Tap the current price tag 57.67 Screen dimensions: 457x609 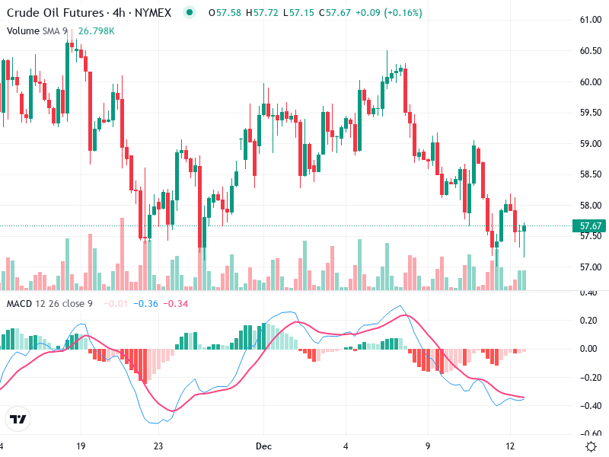(x=591, y=226)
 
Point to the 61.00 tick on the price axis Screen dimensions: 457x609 (x=591, y=20)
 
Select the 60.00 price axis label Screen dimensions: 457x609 (x=591, y=82)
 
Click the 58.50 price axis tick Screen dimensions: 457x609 (x=591, y=174)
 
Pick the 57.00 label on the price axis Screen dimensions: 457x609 (x=591, y=267)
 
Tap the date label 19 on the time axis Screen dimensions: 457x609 (x=81, y=446)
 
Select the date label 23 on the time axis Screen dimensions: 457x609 (x=158, y=446)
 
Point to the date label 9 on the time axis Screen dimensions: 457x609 (x=428, y=446)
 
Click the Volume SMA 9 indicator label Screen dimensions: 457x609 (x=37, y=31)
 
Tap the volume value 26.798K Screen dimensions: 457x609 (x=97, y=31)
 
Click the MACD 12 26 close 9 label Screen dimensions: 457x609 (x=50, y=304)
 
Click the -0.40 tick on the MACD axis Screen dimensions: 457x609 (x=589, y=406)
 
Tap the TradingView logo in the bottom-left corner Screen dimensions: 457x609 (x=18, y=420)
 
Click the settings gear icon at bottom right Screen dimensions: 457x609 (x=590, y=446)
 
